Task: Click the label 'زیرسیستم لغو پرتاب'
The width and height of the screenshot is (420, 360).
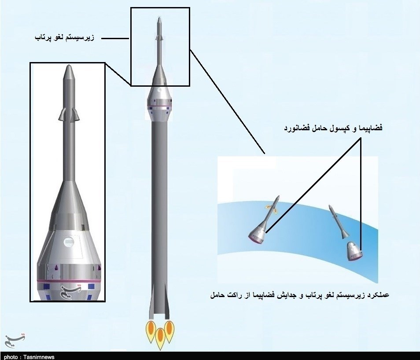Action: click(x=65, y=37)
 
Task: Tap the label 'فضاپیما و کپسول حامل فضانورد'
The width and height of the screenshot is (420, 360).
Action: click(x=333, y=128)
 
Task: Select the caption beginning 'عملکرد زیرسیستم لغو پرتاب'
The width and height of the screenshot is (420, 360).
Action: click(x=300, y=295)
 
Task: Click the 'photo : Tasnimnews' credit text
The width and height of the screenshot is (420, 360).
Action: click(x=29, y=357)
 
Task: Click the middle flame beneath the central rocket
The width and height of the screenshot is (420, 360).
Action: click(x=160, y=338)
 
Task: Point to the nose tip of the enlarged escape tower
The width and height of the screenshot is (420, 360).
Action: click(x=69, y=65)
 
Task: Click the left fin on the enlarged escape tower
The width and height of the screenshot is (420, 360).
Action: click(x=61, y=114)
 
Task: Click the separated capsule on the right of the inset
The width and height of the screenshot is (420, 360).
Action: click(x=354, y=251)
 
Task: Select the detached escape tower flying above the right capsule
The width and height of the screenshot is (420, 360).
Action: click(x=339, y=221)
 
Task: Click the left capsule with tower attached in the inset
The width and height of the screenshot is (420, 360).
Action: click(x=264, y=221)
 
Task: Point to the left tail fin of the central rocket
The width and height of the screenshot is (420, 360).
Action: click(x=152, y=301)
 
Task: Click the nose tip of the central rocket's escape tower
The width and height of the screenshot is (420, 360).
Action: click(x=160, y=18)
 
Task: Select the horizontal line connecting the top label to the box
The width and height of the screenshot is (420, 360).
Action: click(x=115, y=38)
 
